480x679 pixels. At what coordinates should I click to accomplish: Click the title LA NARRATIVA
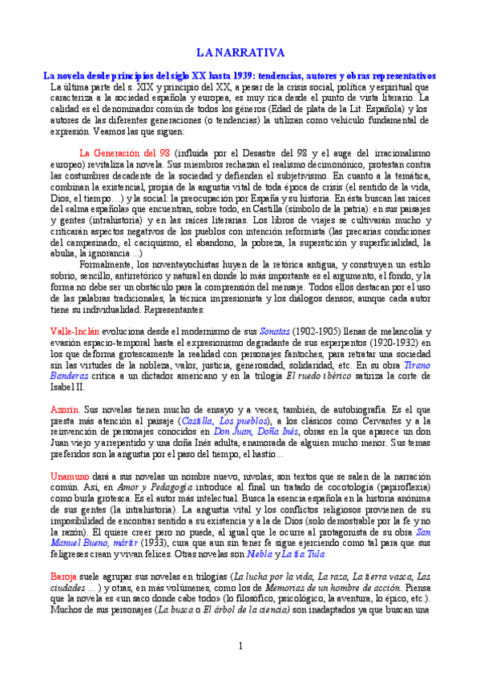240,52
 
